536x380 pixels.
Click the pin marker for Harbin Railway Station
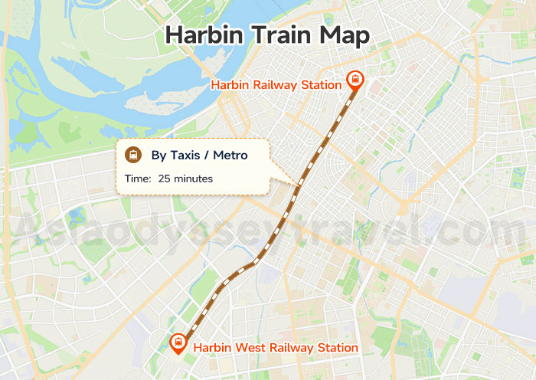pyautogui.click(x=355, y=80)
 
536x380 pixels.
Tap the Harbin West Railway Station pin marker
pyautogui.click(x=178, y=342)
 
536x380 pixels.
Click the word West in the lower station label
pyautogui.click(x=253, y=348)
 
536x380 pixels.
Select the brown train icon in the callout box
pyautogui.click(x=134, y=155)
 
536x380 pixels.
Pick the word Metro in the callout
pyautogui.click(x=230, y=156)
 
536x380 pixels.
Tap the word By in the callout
pyautogui.click(x=159, y=156)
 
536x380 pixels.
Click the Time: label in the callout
pyautogui.click(x=138, y=179)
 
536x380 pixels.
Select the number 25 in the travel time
pyautogui.click(x=165, y=179)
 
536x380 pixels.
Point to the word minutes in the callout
pyautogui.click(x=194, y=179)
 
